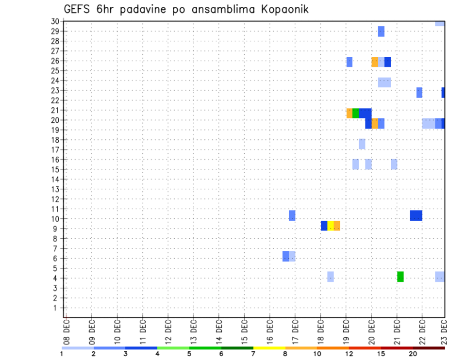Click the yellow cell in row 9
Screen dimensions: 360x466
(x=331, y=226)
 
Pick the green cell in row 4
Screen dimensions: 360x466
(x=400, y=277)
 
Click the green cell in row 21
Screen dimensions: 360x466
(x=356, y=113)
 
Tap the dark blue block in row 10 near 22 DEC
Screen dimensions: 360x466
(x=416, y=215)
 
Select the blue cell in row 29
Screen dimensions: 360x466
(x=381, y=32)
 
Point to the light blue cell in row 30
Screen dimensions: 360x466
(x=440, y=23)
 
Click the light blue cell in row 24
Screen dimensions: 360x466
(x=384, y=82)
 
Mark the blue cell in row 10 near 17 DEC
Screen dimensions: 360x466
(x=292, y=215)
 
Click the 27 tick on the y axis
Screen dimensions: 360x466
(x=55, y=51)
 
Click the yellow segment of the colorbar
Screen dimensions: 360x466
(x=269, y=348)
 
